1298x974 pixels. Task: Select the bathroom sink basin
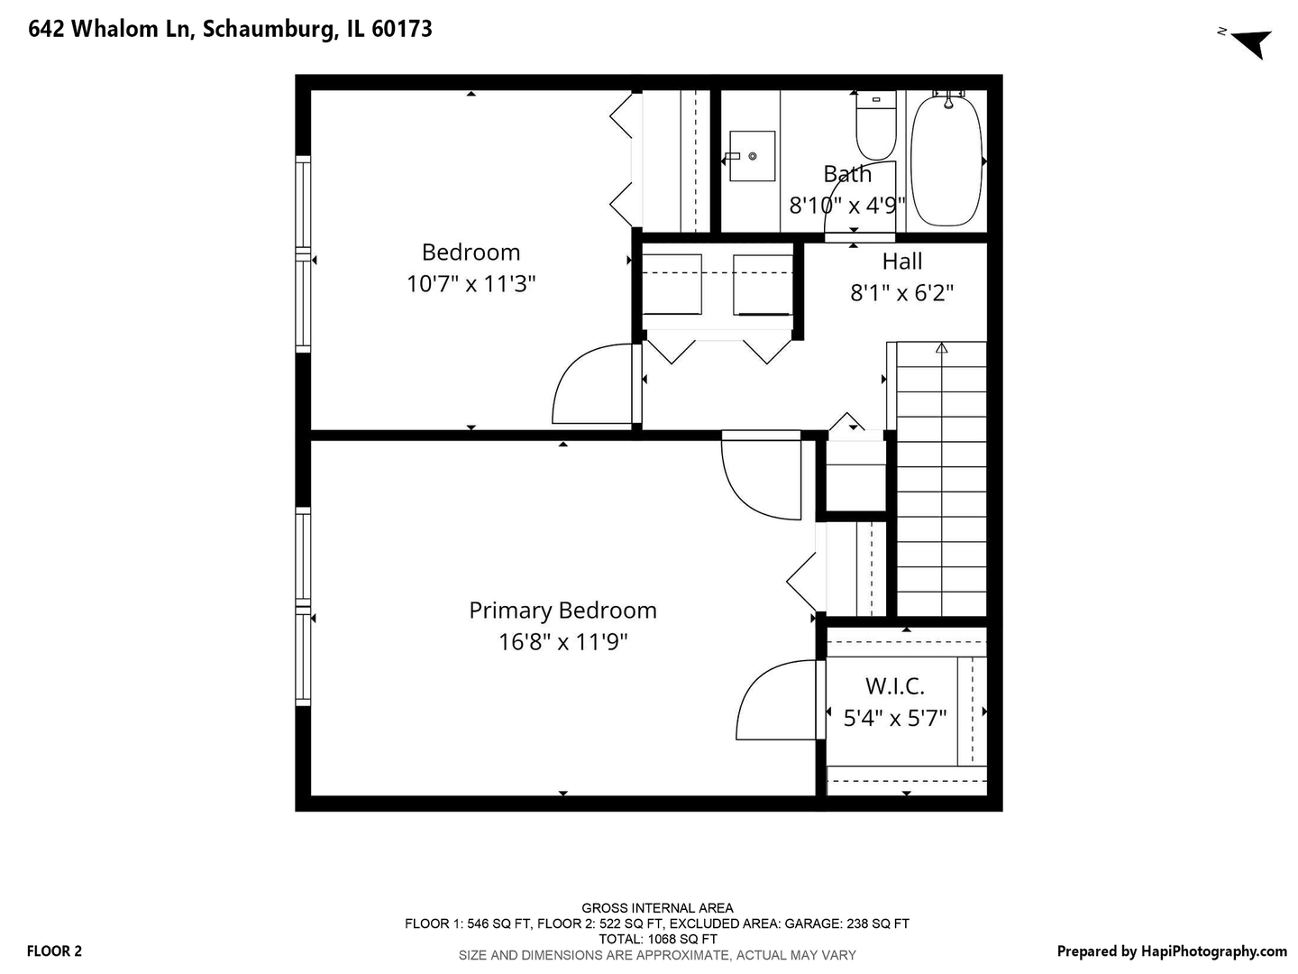click(x=752, y=156)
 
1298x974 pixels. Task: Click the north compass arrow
click(x=1251, y=41)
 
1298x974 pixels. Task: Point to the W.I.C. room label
click(x=895, y=686)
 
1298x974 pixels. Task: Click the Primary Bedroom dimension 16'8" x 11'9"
click(x=563, y=642)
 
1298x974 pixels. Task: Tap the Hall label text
click(x=902, y=262)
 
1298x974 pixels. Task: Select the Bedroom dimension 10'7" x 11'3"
click(x=471, y=284)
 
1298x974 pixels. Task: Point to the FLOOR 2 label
click(x=54, y=951)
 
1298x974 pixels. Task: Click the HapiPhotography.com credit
click(x=1172, y=951)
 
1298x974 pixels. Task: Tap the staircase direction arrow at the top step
click(x=942, y=348)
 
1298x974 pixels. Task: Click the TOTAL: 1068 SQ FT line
click(x=657, y=939)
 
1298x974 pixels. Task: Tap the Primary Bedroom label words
click(x=562, y=611)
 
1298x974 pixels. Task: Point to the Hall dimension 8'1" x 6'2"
click(x=902, y=293)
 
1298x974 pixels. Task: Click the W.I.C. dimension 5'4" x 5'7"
click(x=895, y=719)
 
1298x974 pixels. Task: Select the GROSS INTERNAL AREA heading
click(x=657, y=908)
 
